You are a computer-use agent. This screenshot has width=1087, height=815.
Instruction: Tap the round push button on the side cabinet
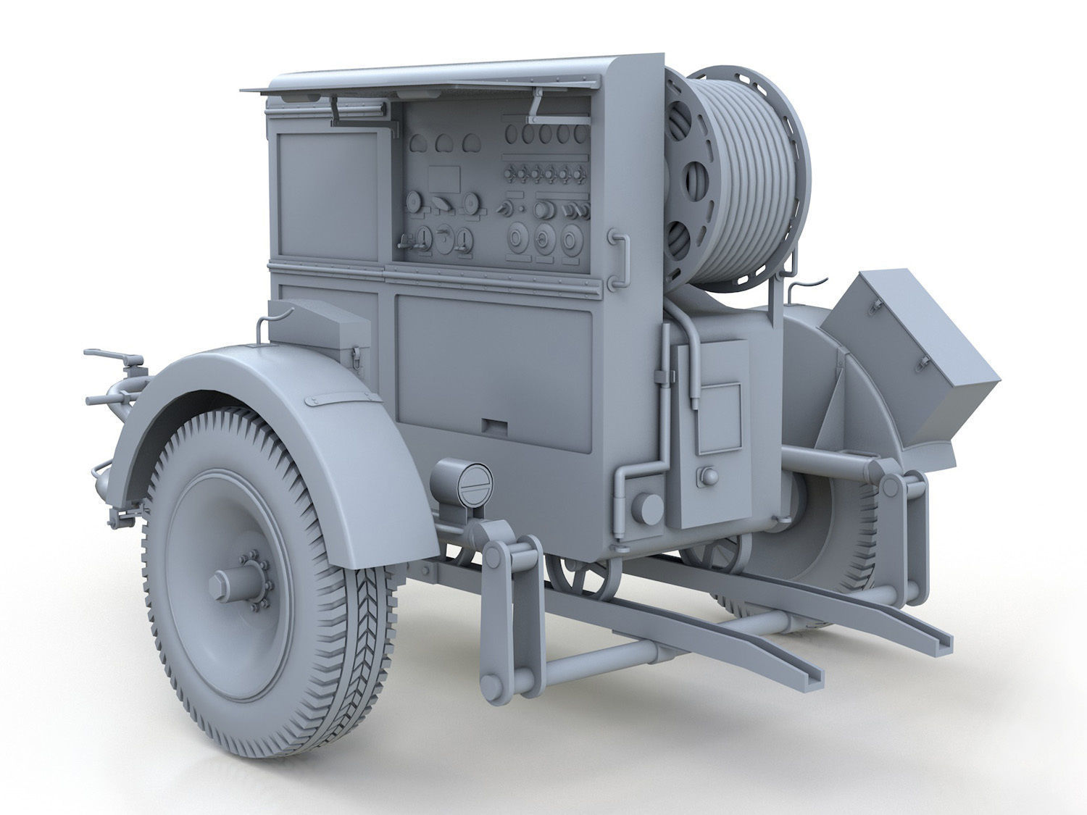tap(706, 476)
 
